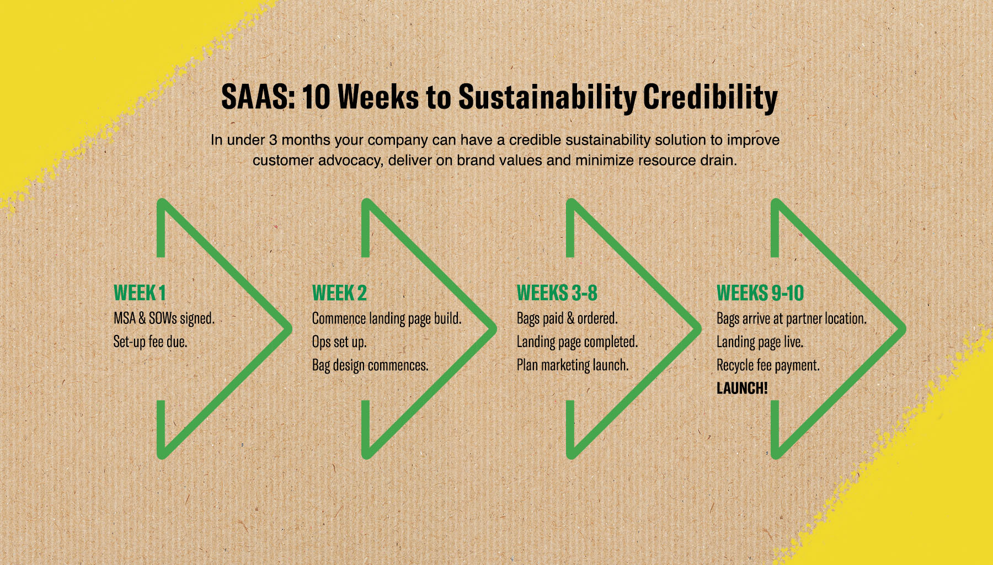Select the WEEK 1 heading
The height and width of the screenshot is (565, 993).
click(140, 293)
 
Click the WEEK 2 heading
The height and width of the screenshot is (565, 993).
click(339, 293)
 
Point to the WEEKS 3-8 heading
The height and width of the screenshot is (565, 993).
click(557, 293)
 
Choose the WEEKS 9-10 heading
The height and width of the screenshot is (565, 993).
click(760, 293)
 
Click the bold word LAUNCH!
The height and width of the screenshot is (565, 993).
click(742, 388)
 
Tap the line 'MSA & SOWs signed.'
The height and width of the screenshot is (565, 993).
click(164, 318)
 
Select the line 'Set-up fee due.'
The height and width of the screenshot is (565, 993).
click(150, 342)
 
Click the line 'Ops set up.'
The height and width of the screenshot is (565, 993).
click(339, 342)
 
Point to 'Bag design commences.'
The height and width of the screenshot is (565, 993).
click(370, 365)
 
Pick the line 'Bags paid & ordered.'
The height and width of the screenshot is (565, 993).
click(567, 318)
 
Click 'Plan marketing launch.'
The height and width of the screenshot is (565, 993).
click(573, 365)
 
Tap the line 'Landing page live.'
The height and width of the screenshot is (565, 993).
click(760, 342)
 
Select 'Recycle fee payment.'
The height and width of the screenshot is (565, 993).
click(768, 365)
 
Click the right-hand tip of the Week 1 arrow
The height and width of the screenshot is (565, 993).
click(290, 329)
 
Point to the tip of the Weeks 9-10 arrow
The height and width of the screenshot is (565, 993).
click(904, 329)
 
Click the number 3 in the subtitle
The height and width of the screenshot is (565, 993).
click(273, 140)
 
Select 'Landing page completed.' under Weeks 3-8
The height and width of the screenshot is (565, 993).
click(577, 342)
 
